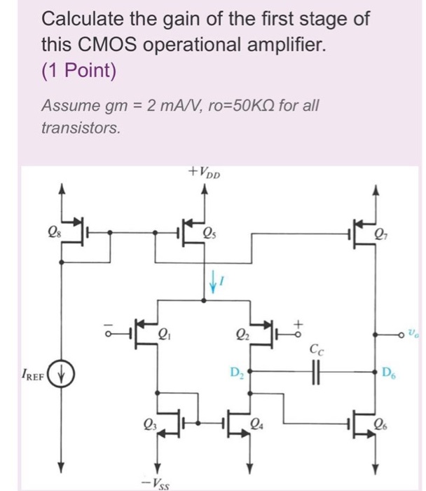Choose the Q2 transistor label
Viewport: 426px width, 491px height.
point(242,334)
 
